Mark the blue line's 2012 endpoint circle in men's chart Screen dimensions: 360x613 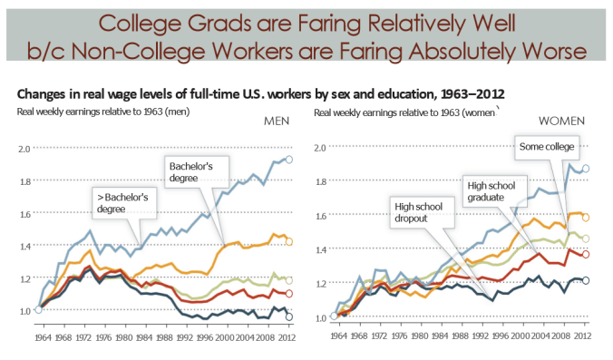coord(289,160)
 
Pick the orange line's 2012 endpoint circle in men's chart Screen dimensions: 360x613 coord(289,241)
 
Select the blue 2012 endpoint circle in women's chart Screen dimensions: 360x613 coord(586,169)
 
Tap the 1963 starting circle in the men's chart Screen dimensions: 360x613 coord(38,310)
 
